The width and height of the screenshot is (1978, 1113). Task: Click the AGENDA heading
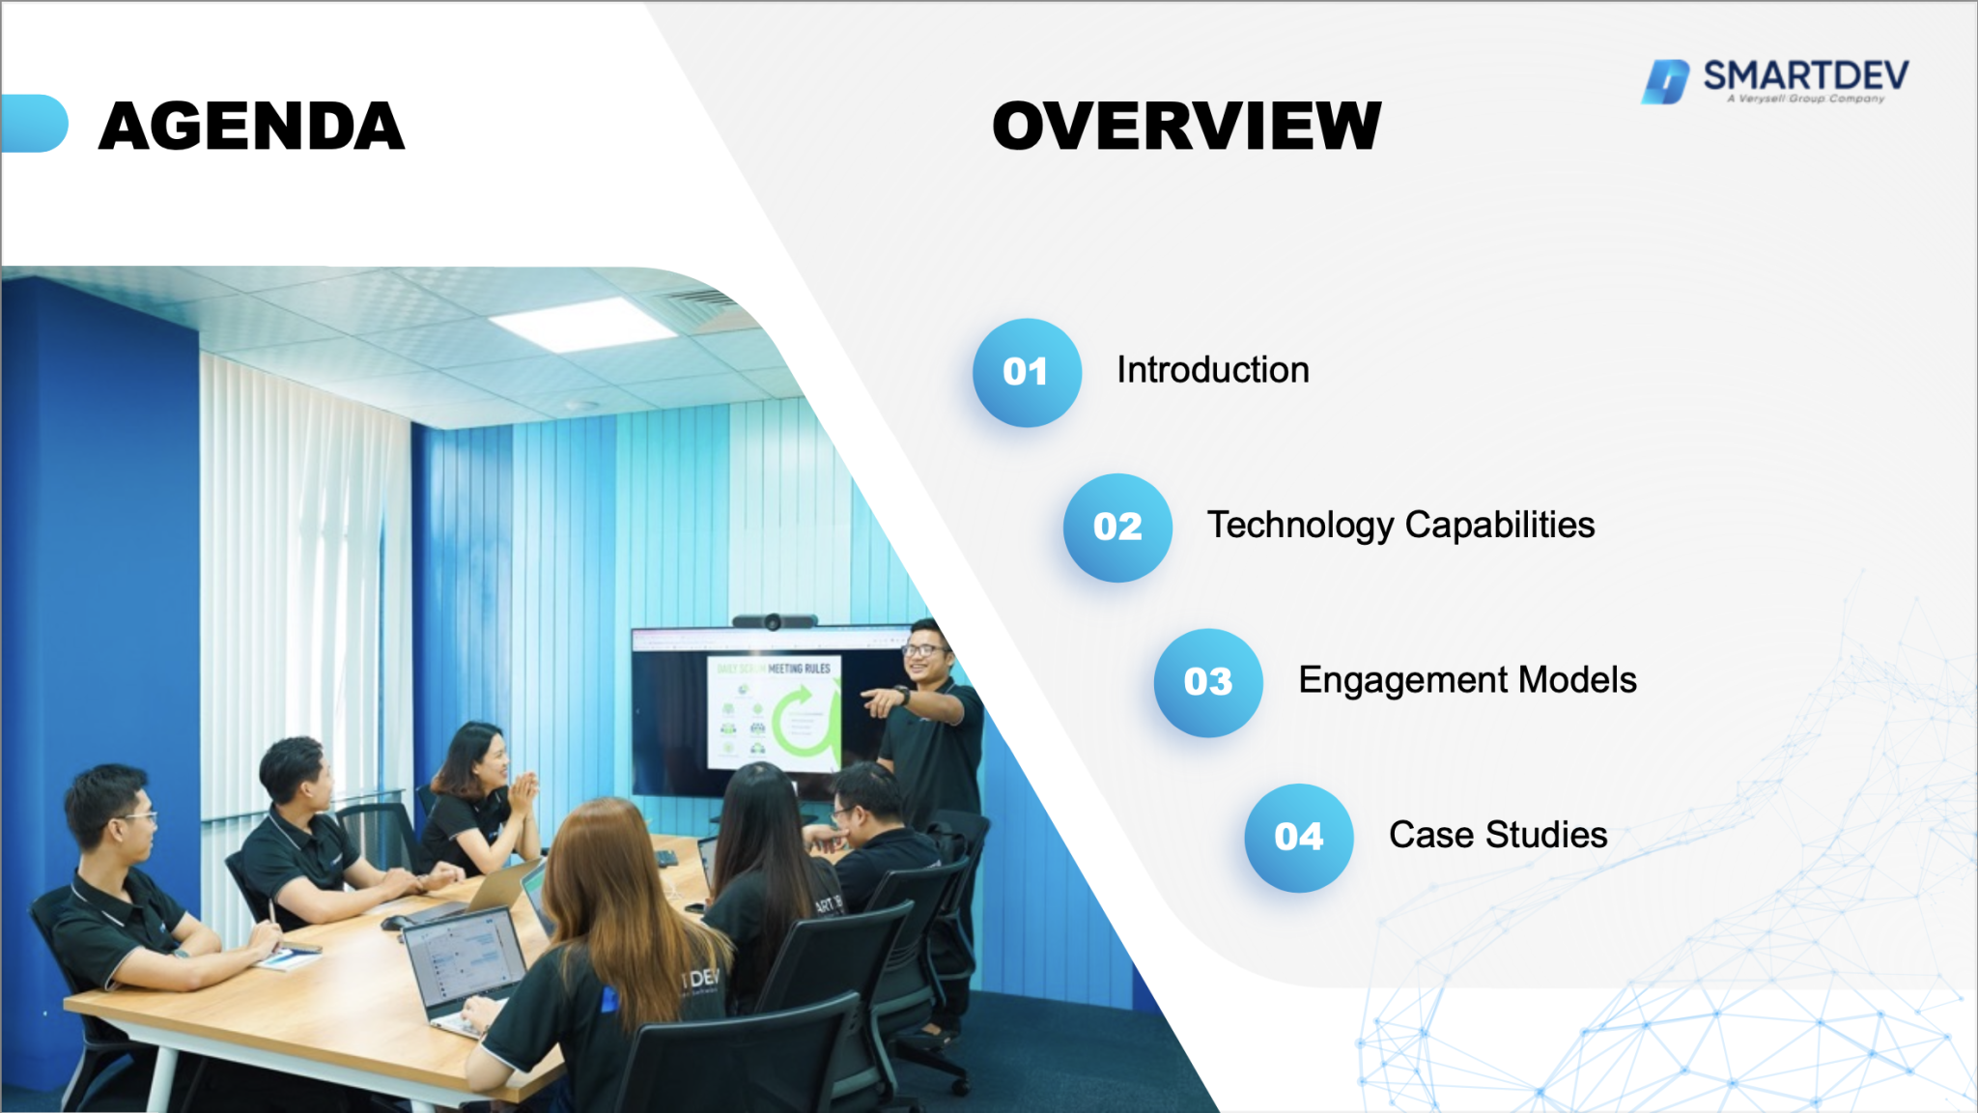click(251, 127)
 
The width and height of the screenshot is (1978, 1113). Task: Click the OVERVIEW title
click(1186, 127)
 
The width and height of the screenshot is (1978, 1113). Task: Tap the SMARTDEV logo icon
click(1665, 81)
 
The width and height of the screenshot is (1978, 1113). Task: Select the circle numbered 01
click(1026, 373)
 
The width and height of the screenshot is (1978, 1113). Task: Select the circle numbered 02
click(1117, 528)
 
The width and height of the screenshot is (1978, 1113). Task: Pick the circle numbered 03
click(1207, 683)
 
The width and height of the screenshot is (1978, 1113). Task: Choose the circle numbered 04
click(1298, 838)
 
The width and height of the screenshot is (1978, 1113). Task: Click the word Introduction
click(1212, 370)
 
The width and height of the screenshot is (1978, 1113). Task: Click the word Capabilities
click(1499, 526)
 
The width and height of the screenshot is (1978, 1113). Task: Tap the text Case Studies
click(1497, 835)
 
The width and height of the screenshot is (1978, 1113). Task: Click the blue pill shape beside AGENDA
click(35, 124)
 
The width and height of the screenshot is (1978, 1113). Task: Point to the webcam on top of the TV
click(773, 621)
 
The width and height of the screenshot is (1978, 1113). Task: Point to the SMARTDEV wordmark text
click(1805, 75)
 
